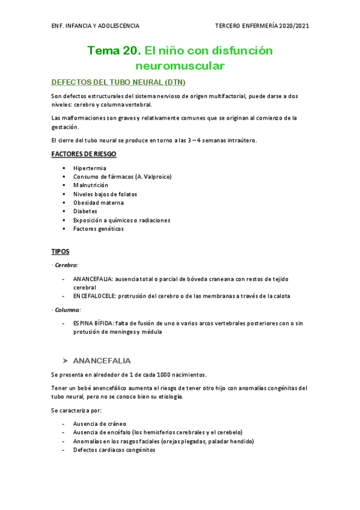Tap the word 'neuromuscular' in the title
point(180,64)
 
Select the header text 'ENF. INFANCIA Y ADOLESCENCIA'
point(96,26)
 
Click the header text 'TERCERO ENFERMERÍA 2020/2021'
point(262,26)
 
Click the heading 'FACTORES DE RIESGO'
point(84,155)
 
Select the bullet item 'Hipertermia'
point(90,168)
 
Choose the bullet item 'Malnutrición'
point(91,185)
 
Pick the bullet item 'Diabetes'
point(86,212)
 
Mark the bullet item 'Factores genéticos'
point(99,229)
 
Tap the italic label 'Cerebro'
point(66,265)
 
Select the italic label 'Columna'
point(67,309)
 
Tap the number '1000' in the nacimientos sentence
point(156,374)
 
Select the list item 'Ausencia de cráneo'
point(100,423)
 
